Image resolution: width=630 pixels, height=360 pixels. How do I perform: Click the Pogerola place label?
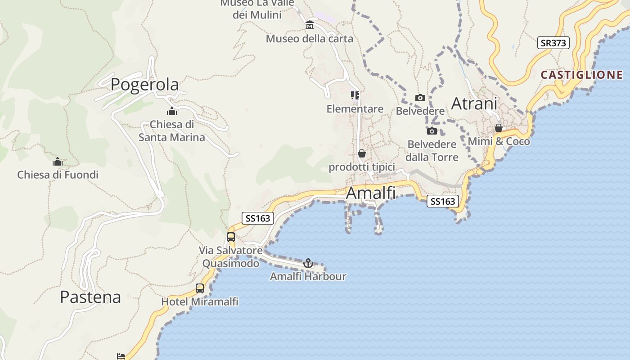(144, 84)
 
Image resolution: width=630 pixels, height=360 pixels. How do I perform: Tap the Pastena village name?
(90, 297)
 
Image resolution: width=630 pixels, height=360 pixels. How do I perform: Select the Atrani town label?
(474, 103)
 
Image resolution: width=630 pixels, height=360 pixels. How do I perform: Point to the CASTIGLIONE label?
(581, 75)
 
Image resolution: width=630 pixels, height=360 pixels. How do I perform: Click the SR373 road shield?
(553, 43)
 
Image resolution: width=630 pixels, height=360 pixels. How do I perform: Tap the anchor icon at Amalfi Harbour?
(308, 263)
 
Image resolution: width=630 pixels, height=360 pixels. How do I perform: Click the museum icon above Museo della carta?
(310, 25)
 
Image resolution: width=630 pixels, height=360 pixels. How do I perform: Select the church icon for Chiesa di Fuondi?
(58, 162)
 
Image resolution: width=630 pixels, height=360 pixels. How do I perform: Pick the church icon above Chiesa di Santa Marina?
(171, 111)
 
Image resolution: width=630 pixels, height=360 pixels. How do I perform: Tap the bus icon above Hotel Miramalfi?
(200, 288)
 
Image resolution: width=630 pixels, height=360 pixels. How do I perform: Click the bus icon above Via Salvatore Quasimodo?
(231, 237)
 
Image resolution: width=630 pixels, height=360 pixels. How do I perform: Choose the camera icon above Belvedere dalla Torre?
(432, 131)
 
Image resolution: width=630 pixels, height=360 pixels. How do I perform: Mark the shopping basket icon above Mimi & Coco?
(499, 128)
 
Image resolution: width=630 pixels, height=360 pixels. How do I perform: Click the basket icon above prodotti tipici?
(362, 153)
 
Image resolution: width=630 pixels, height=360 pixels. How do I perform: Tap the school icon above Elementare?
(355, 95)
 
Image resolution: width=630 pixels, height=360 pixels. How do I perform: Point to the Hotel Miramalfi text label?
(200, 301)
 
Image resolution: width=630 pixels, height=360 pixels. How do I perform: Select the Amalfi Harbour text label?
(308, 276)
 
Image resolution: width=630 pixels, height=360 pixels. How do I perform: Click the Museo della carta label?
(310, 39)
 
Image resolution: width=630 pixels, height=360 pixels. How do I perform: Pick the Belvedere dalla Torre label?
(432, 151)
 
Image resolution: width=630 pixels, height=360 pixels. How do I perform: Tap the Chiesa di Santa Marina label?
(171, 130)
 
